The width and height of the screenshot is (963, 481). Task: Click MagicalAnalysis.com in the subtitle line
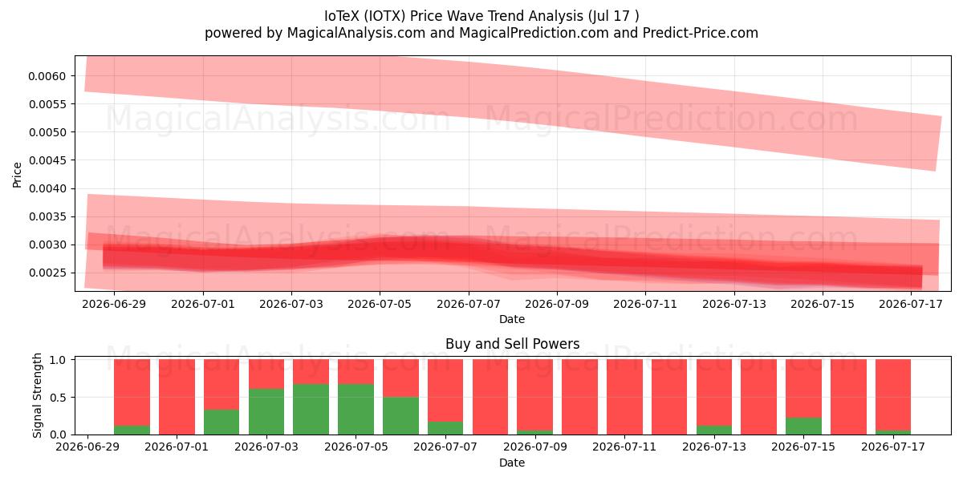click(x=356, y=33)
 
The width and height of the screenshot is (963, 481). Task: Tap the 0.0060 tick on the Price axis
click(x=47, y=76)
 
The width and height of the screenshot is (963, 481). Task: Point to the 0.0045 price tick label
click(x=47, y=160)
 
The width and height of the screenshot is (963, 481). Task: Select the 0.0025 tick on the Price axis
click(x=47, y=273)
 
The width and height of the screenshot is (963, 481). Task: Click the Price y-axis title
click(x=17, y=175)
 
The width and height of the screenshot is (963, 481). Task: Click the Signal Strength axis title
click(x=37, y=395)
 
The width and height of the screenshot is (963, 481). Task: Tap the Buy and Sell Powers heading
click(x=513, y=344)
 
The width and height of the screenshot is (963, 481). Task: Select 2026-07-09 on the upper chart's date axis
click(x=557, y=304)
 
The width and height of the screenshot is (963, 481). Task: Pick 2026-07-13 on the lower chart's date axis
click(x=714, y=447)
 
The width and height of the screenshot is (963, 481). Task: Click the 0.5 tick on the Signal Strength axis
click(x=58, y=398)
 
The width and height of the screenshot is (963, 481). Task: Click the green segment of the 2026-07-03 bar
click(x=266, y=412)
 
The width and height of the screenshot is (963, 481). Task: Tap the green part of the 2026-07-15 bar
click(x=803, y=426)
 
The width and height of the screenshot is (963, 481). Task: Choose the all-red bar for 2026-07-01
click(x=177, y=398)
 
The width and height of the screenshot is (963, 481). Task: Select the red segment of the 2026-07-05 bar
click(x=356, y=372)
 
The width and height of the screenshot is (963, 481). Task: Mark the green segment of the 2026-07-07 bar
click(x=445, y=428)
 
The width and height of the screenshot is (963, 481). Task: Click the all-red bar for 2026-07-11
click(x=624, y=398)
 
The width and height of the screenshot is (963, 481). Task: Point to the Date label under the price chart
click(x=512, y=320)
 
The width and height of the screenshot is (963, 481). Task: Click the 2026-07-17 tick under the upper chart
click(x=911, y=304)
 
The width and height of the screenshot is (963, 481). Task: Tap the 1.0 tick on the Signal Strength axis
click(x=58, y=360)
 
